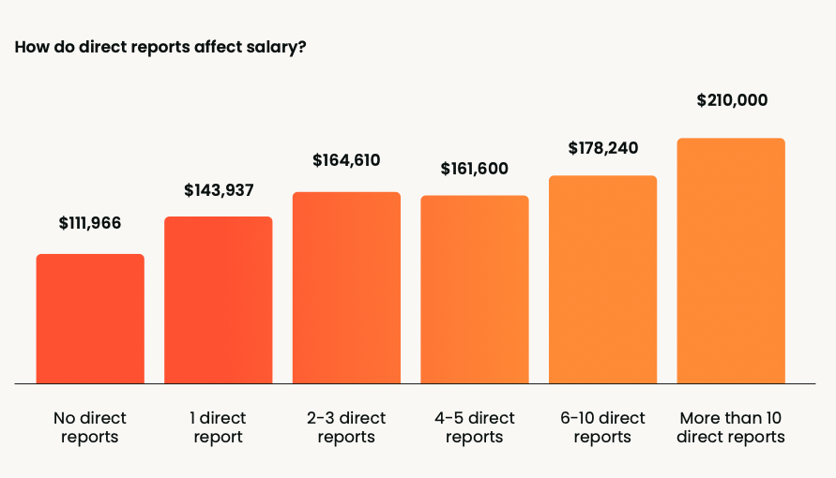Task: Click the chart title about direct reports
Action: click(x=160, y=47)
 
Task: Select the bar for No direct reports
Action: click(x=90, y=319)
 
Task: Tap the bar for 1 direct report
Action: click(x=219, y=300)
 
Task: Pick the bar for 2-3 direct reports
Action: click(x=346, y=288)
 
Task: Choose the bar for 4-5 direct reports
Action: click(x=475, y=290)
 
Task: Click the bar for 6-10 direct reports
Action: click(x=602, y=279)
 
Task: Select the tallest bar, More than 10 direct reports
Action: click(x=731, y=261)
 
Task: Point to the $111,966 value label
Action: click(x=90, y=223)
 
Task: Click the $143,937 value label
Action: click(x=219, y=190)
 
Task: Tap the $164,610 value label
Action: click(x=346, y=160)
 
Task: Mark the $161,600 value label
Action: click(x=475, y=170)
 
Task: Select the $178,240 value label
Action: click(x=602, y=148)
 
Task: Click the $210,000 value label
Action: click(x=732, y=100)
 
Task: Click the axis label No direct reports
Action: click(x=90, y=427)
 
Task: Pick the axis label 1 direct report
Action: click(x=219, y=427)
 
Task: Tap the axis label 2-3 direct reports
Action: click(x=346, y=427)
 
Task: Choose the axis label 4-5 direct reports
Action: click(x=475, y=427)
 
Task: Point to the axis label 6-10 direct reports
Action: click(x=602, y=427)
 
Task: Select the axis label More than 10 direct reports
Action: click(x=731, y=427)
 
